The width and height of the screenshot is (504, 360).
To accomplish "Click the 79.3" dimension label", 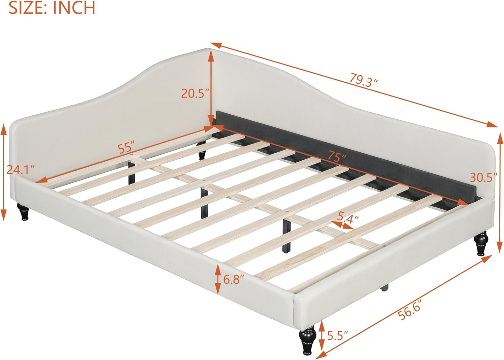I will tap(364, 80).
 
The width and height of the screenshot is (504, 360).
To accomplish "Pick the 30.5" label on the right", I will tap(484, 177).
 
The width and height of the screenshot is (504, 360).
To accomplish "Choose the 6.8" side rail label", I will tap(234, 279).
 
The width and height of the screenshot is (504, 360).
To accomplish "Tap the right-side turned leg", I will tap(481, 243).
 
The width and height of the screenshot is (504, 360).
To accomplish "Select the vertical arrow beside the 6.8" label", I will tap(218, 278).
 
